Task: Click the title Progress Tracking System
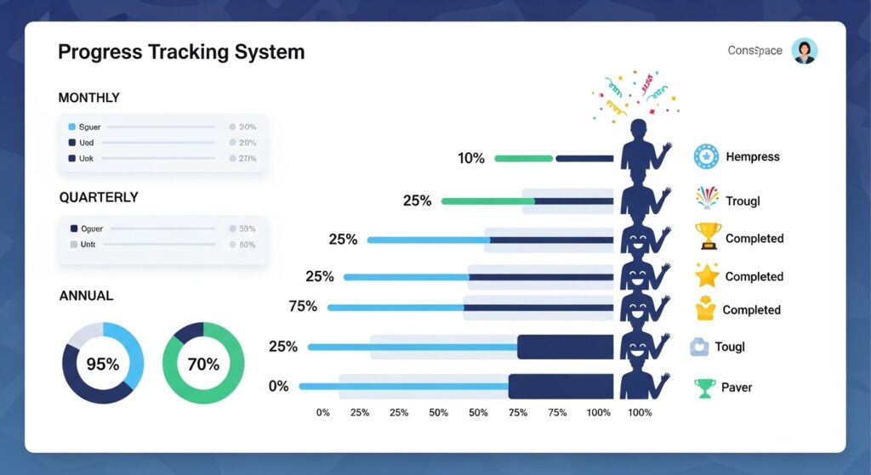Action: [x=180, y=52]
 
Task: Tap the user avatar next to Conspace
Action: [x=804, y=51]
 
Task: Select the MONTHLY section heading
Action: [x=88, y=98]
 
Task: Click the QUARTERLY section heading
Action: [x=99, y=197]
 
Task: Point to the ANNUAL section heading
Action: [x=86, y=296]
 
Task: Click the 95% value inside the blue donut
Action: [x=103, y=365]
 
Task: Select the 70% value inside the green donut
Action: [x=203, y=365]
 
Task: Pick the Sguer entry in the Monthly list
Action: [x=89, y=127]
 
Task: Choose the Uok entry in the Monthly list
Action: [x=86, y=158]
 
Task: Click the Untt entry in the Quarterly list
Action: [x=88, y=244]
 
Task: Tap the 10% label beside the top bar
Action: [x=470, y=158]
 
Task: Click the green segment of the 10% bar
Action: [x=523, y=158]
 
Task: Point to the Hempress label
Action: [x=752, y=156]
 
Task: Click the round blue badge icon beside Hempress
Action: [x=707, y=156]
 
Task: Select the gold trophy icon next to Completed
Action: [x=708, y=236]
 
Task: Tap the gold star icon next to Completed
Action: [x=707, y=275]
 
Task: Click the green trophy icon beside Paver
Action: [x=705, y=387]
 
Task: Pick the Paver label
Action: [x=737, y=387]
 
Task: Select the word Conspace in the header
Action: [x=754, y=51]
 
